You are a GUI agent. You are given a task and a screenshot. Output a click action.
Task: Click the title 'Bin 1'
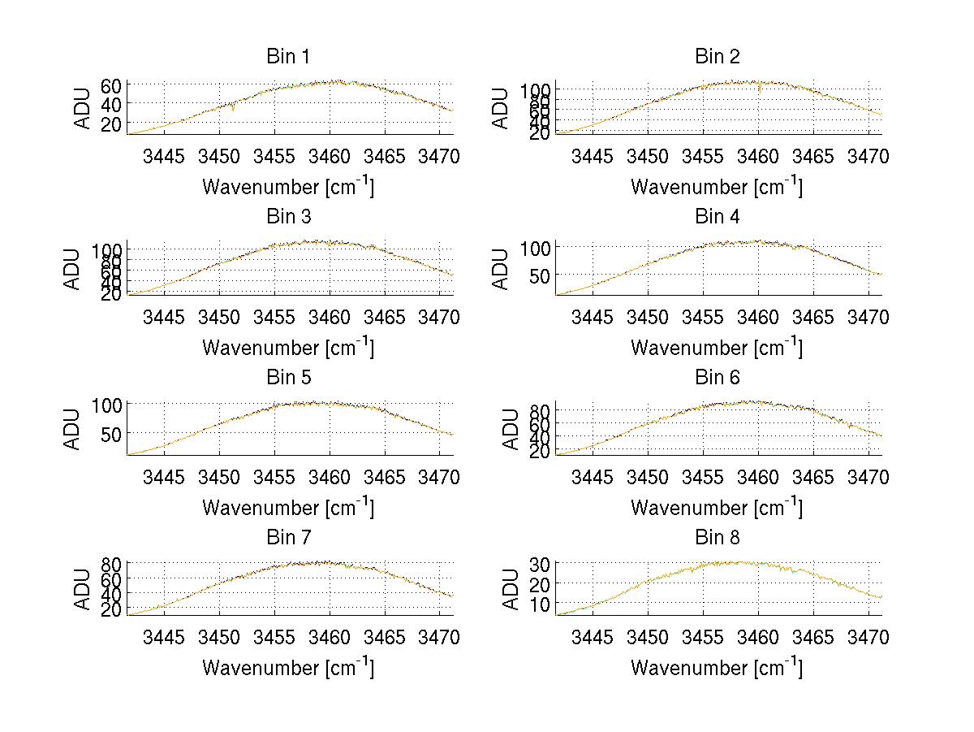[288, 57]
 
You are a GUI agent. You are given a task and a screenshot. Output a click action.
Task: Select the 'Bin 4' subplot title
[718, 217]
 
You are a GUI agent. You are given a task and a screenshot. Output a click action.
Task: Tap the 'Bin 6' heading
[718, 378]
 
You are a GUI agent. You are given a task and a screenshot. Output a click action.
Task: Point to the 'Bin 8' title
[718, 538]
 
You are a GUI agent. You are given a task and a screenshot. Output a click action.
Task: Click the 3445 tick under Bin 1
[164, 156]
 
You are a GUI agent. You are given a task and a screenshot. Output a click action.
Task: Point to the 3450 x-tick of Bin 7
[219, 637]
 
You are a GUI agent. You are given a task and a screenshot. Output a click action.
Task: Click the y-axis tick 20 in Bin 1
[111, 123]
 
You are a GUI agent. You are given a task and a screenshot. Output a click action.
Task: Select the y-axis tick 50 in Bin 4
[540, 275]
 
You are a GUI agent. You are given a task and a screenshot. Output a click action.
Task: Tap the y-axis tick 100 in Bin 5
[107, 405]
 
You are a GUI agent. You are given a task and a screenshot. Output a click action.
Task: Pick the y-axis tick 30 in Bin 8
[540, 563]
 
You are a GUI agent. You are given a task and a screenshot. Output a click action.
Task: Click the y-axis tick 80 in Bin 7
[111, 563]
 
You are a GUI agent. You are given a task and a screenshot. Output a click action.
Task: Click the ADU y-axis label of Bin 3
[72, 269]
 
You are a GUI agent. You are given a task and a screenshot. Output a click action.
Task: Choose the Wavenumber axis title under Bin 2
[717, 187]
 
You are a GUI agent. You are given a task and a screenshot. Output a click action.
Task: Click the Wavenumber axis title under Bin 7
[288, 668]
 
